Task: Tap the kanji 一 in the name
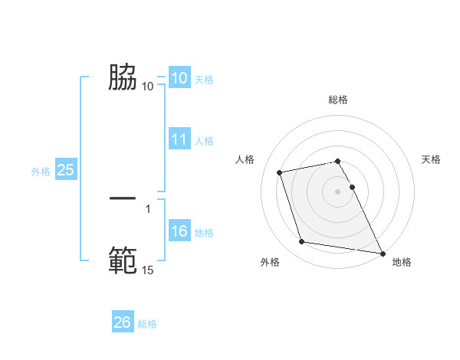123,198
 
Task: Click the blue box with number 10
179,78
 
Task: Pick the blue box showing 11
179,139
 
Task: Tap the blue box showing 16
179,232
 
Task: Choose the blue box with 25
66,171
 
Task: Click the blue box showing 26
123,323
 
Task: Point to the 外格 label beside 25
41,172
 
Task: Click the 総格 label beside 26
147,324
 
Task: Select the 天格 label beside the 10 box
204,79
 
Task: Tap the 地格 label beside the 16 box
204,233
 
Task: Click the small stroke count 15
147,270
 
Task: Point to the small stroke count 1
147,208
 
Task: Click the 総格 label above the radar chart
338,100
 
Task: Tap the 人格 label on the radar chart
245,159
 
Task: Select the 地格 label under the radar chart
402,262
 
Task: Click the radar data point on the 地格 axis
381,252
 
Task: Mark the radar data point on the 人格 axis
280,172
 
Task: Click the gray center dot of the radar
338,191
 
